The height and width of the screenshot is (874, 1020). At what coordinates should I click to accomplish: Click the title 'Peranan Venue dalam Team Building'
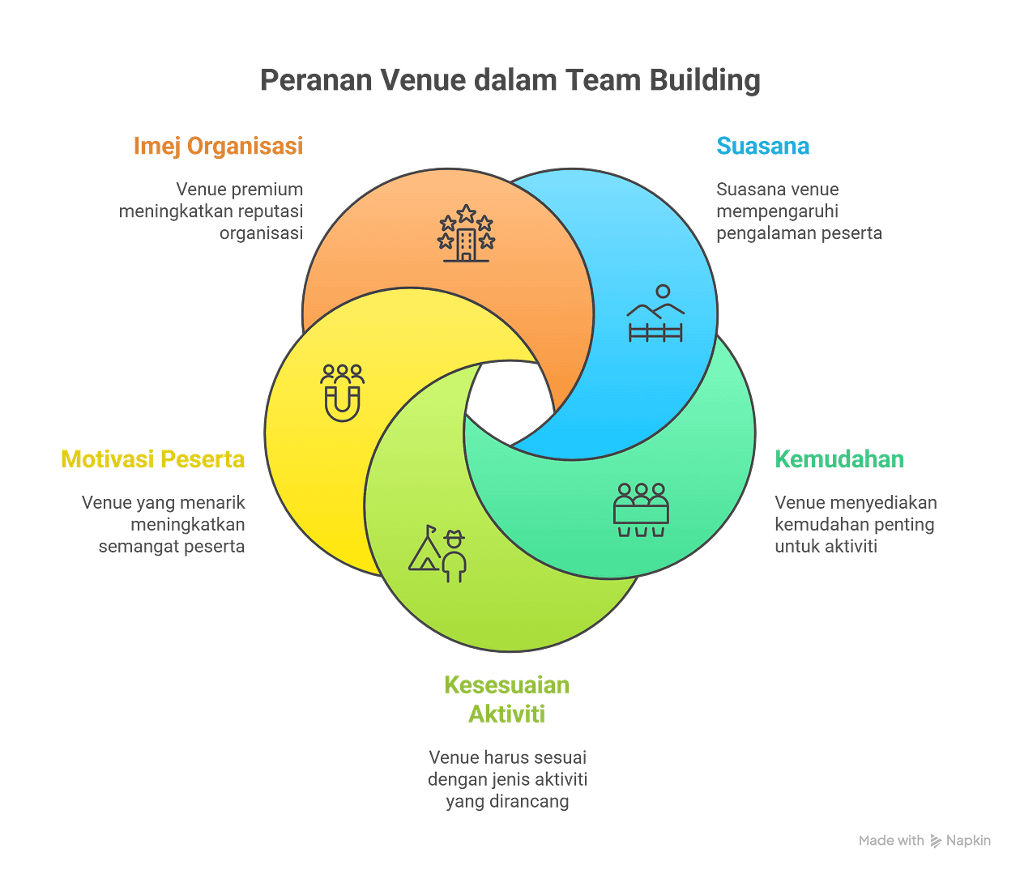click(510, 81)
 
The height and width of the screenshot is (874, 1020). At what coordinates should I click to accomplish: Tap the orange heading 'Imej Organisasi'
click(217, 146)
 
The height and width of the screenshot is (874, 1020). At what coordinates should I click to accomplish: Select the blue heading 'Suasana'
click(762, 146)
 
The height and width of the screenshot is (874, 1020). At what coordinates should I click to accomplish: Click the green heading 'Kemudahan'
click(839, 459)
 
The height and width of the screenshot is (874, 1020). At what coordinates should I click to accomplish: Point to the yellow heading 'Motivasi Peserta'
click(152, 459)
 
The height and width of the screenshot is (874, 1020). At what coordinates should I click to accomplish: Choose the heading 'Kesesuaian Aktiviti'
click(507, 700)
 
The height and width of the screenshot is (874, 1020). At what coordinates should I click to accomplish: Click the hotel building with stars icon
click(466, 233)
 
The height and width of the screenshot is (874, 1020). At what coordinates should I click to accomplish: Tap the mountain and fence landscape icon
click(655, 313)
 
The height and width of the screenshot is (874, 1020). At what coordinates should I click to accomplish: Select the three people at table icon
click(641, 509)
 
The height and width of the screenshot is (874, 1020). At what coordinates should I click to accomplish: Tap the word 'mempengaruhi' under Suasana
click(776, 211)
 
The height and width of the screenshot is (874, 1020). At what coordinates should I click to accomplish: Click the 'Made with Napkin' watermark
click(924, 841)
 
